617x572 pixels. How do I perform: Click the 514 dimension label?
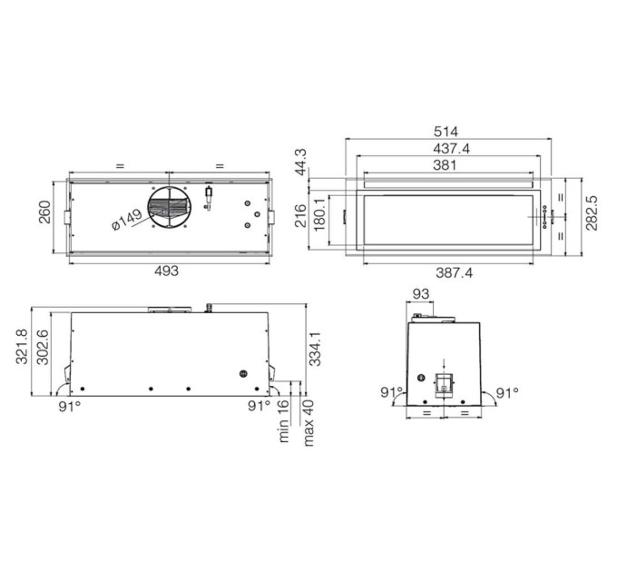click(446, 132)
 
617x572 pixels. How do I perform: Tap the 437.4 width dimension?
click(451, 149)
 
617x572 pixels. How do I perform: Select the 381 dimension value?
click(445, 165)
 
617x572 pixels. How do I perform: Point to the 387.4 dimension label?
click(454, 272)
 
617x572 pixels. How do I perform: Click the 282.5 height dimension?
click(591, 212)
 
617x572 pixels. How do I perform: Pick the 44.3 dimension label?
click(301, 162)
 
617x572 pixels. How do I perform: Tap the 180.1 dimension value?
click(319, 214)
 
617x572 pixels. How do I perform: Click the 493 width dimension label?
click(166, 271)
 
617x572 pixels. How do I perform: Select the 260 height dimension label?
click(44, 212)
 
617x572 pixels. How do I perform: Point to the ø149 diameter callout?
click(127, 220)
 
